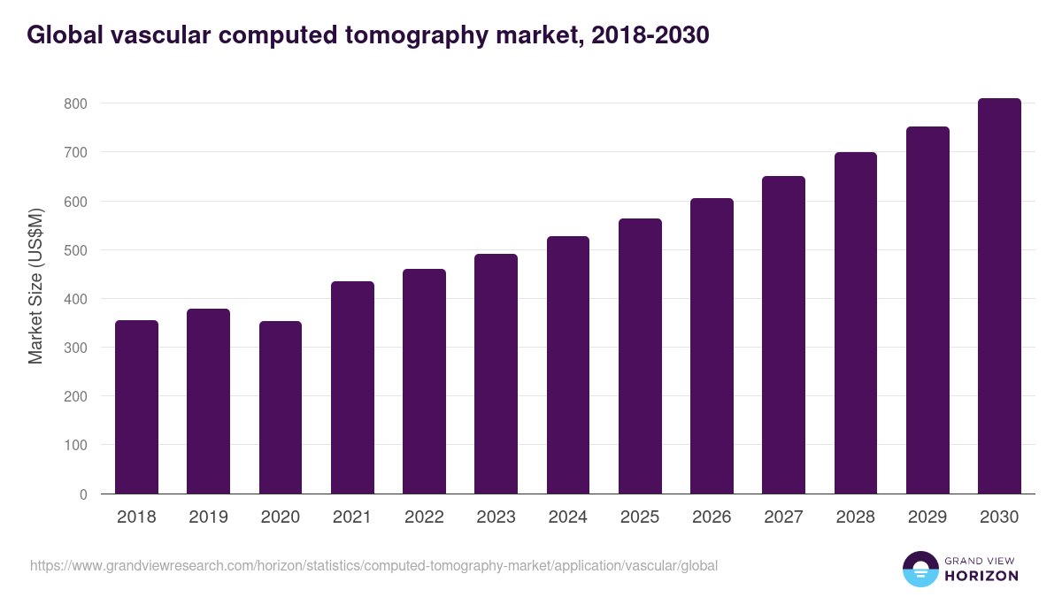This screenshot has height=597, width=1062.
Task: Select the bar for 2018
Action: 136,407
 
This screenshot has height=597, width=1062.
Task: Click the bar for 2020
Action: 281,407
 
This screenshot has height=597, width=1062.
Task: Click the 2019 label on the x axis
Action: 208,517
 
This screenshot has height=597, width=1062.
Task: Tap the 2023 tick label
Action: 496,517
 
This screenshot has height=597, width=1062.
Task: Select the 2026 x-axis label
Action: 712,517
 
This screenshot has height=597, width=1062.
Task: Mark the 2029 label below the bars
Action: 927,517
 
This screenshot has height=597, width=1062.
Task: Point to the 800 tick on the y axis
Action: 76,103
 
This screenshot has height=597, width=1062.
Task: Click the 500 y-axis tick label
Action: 76,250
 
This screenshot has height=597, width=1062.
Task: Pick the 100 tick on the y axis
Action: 76,446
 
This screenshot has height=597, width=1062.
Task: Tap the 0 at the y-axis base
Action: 83,494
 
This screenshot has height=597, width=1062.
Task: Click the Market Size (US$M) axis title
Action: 35,287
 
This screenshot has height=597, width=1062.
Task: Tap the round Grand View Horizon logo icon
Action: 920,569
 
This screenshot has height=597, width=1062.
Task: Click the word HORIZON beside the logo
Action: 981,576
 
